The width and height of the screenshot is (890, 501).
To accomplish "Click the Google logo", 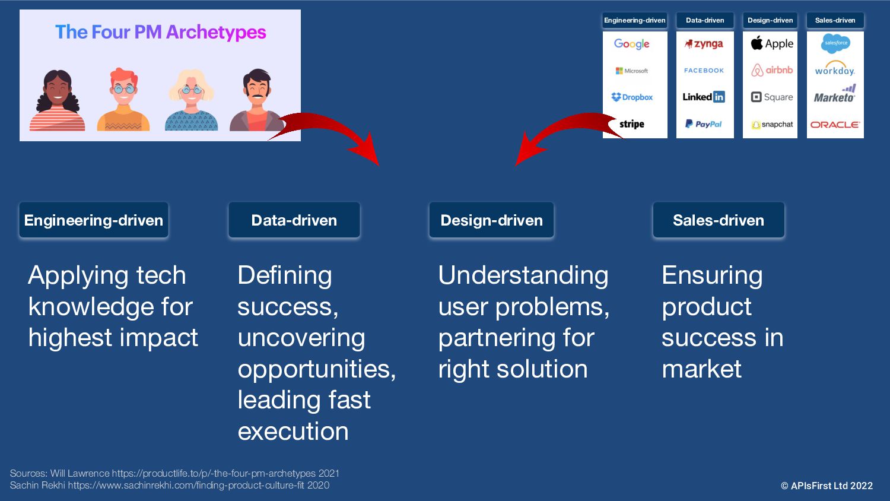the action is click(x=631, y=44).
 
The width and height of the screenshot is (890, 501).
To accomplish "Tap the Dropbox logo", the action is click(x=632, y=97).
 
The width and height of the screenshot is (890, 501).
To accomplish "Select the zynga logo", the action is click(x=704, y=44).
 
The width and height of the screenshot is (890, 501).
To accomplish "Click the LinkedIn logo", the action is click(x=704, y=97).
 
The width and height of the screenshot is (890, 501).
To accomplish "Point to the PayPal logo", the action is click(x=703, y=124).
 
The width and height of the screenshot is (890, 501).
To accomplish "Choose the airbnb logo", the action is click(x=771, y=71).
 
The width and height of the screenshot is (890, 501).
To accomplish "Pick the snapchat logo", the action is click(x=771, y=125).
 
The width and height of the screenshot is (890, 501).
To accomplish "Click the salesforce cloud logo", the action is click(x=835, y=43).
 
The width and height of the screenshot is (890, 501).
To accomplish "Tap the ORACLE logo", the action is click(x=835, y=125).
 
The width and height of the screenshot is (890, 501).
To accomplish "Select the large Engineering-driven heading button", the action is click(x=94, y=220).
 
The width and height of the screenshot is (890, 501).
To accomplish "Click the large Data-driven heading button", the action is click(x=294, y=220).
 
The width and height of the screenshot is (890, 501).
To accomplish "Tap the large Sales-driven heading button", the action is click(x=719, y=220).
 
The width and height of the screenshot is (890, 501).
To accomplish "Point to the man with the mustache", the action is click(x=257, y=100).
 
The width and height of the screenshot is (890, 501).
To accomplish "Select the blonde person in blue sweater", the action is click(x=191, y=100).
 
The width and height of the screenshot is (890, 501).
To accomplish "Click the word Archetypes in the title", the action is click(x=216, y=32).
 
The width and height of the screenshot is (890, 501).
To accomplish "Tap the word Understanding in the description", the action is click(x=523, y=275).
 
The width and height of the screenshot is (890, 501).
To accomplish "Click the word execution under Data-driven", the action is click(x=293, y=431).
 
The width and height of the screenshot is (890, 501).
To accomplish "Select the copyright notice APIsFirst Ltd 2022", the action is click(x=827, y=486).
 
